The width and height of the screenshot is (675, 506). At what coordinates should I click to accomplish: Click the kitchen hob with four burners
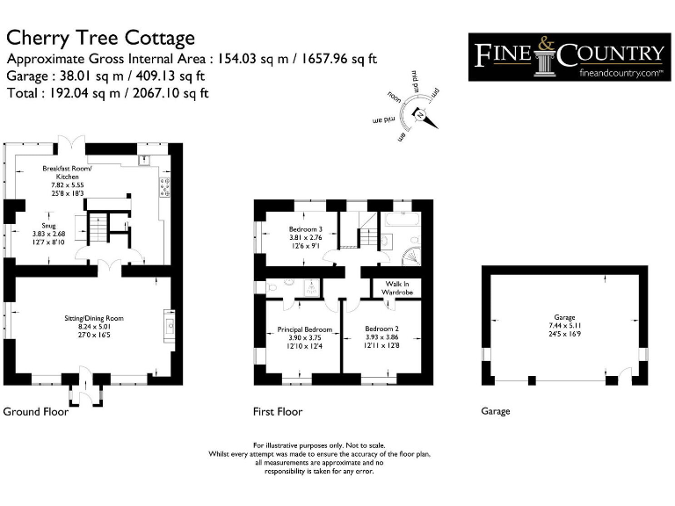[163, 186]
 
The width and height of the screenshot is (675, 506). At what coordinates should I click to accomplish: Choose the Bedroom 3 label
[306, 229]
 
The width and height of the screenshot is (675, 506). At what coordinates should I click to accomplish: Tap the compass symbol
[422, 113]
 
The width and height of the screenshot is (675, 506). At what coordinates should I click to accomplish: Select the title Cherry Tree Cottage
[101, 38]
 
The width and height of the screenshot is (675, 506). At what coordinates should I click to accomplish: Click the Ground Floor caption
[36, 411]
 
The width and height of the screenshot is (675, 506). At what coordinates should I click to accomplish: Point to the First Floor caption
[278, 411]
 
